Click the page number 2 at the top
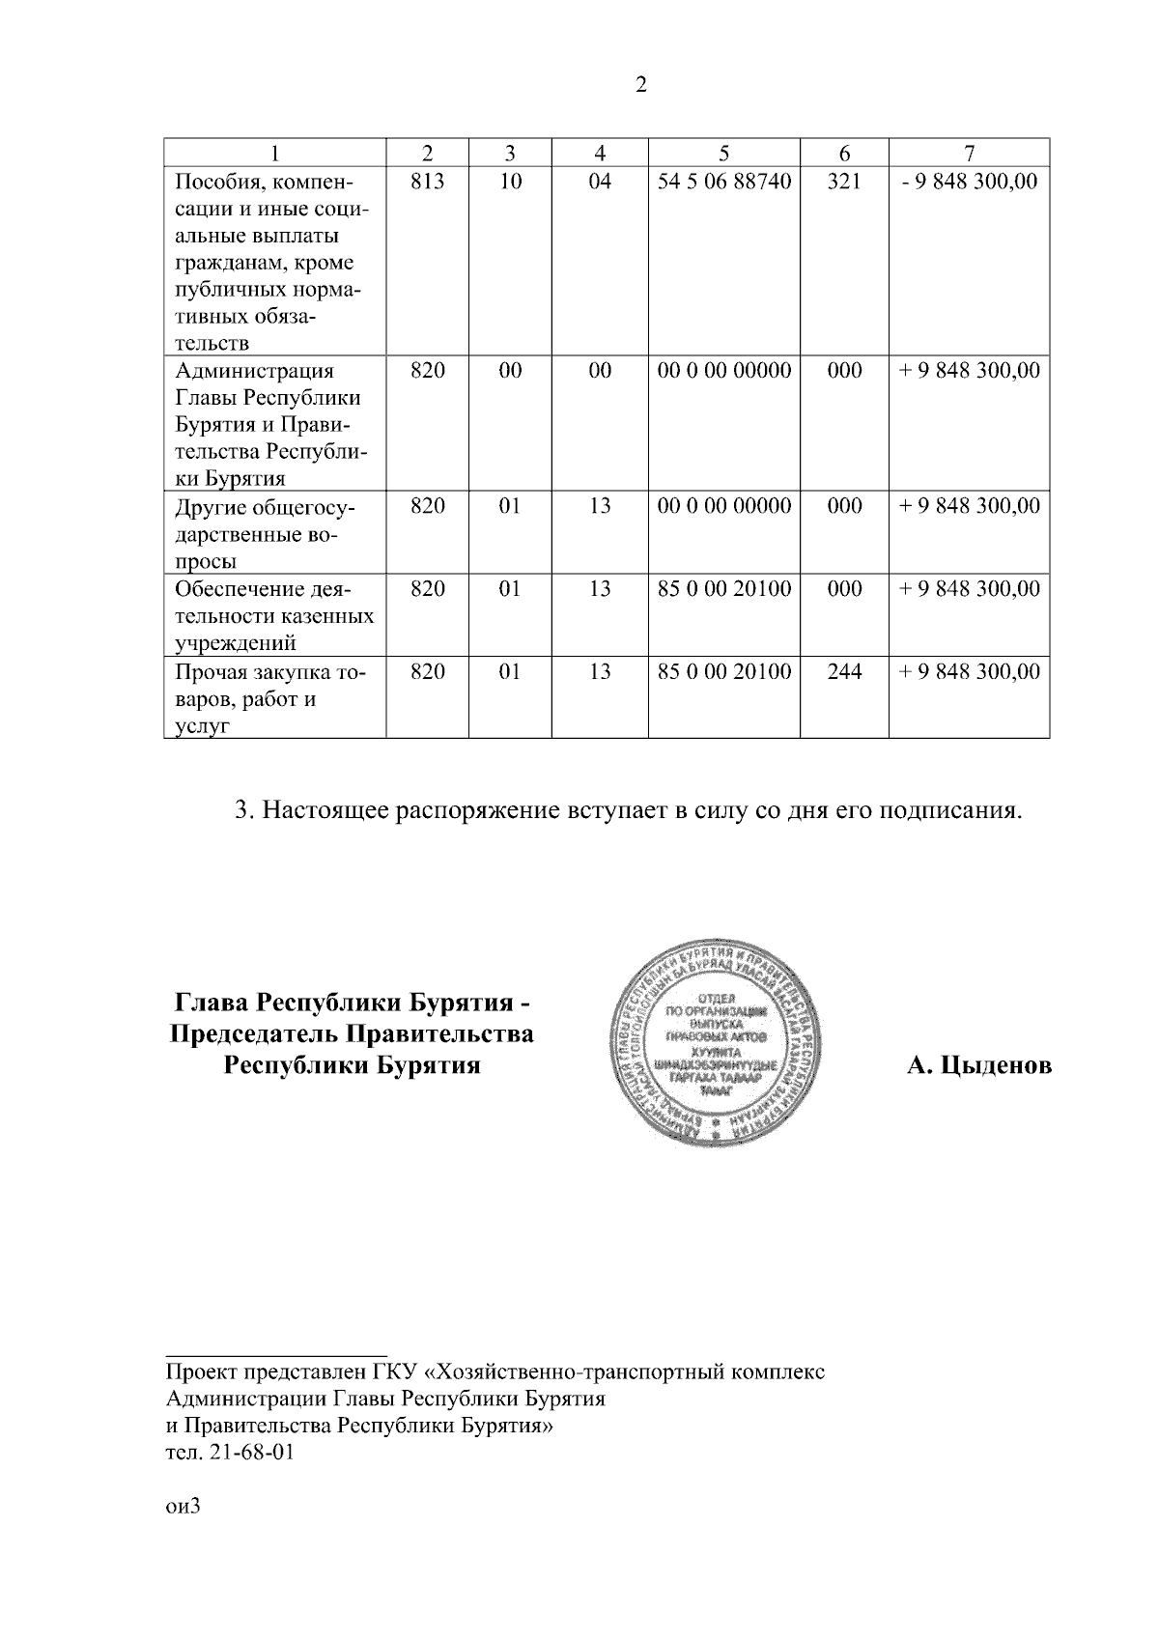click(641, 85)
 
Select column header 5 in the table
click(723, 153)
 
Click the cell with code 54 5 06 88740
click(723, 181)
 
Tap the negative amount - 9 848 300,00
click(969, 181)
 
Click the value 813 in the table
click(427, 181)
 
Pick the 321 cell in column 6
click(844, 181)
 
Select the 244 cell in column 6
click(844, 671)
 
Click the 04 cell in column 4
click(600, 181)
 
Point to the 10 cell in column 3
click(510, 181)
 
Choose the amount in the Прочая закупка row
click(969, 671)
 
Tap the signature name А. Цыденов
click(978, 1065)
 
